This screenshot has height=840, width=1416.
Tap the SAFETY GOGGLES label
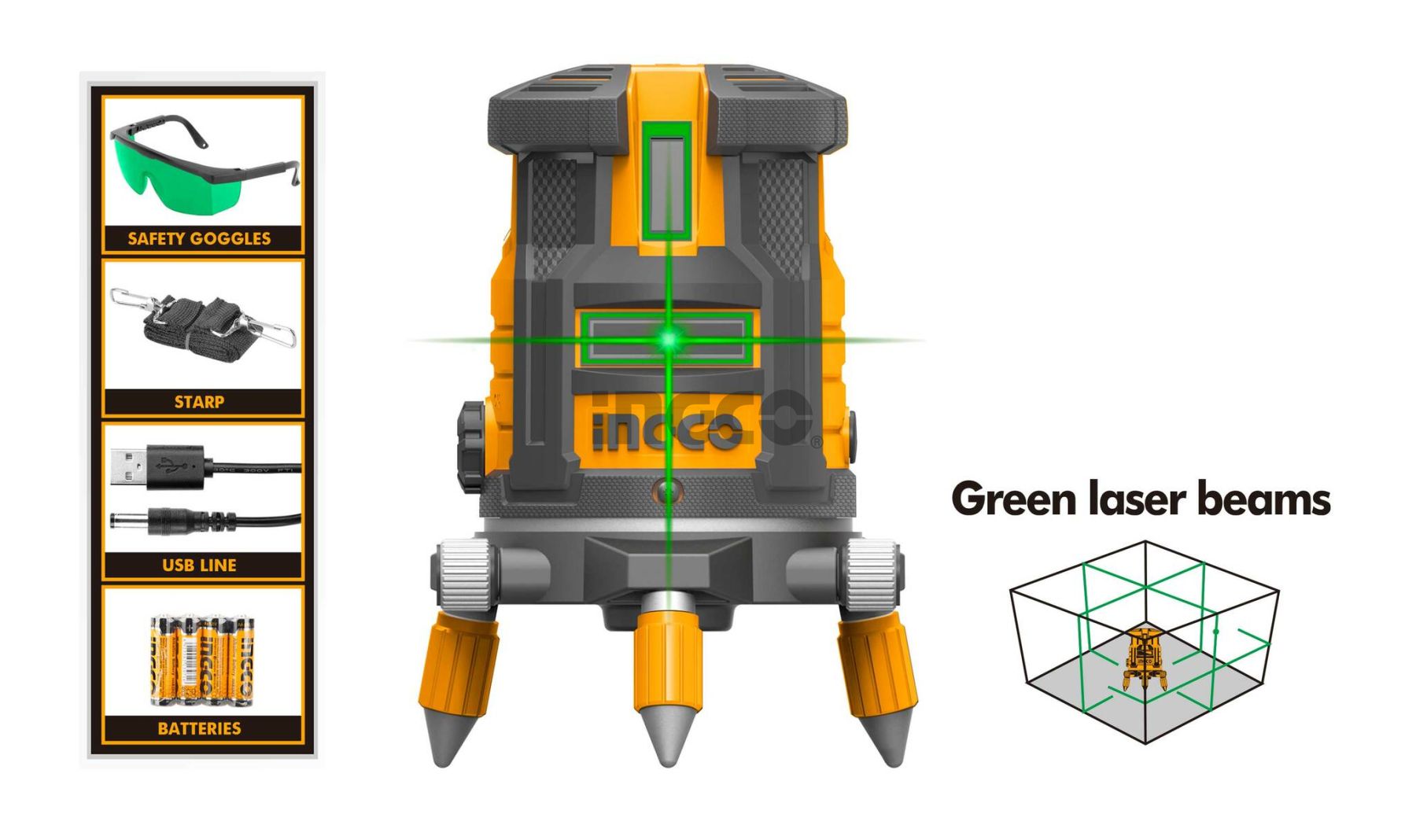coord(199,238)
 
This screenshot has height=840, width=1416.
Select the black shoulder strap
coord(203,327)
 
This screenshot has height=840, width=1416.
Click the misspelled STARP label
coord(199,402)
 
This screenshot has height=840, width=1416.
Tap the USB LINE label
coord(199,565)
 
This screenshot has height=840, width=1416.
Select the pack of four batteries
coord(202,659)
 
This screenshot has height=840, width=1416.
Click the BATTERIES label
coord(199,728)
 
